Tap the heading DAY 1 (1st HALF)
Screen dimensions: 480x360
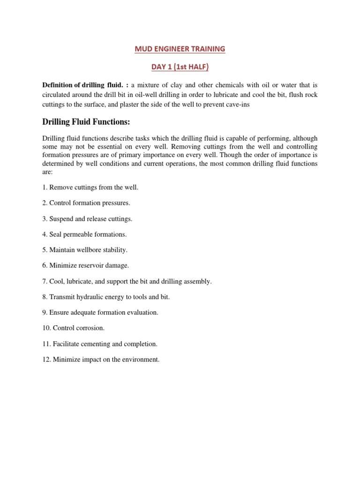pos(180,67)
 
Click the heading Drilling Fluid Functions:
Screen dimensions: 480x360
pos(86,122)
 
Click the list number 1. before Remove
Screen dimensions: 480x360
pos(45,187)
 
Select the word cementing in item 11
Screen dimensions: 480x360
pos(93,344)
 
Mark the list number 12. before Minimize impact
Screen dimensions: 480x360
pos(47,360)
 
